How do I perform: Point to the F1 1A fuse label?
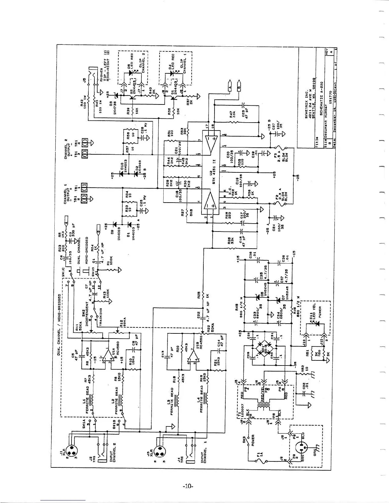[258, 455]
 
